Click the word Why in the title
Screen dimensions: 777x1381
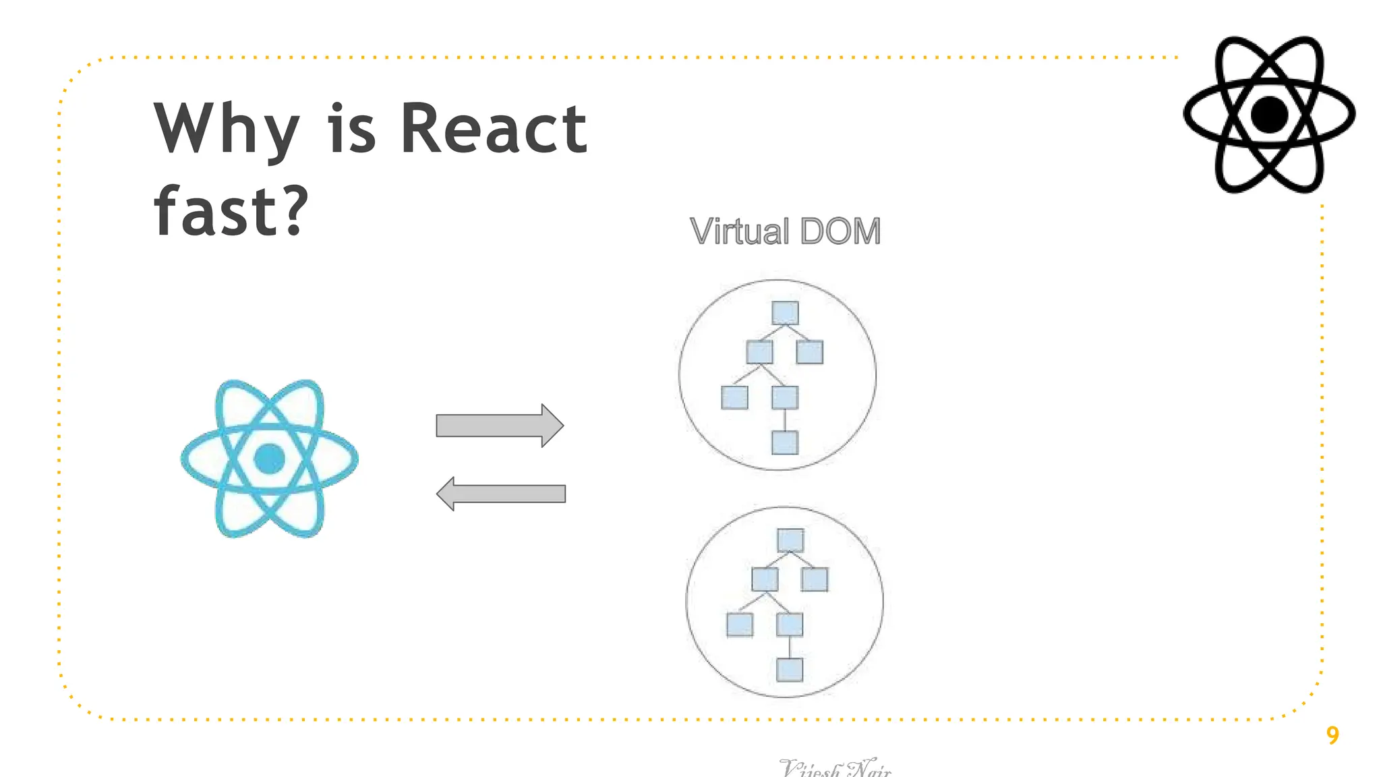tap(226, 129)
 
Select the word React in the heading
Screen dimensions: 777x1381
tap(494, 128)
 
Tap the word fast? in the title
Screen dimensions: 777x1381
tap(231, 211)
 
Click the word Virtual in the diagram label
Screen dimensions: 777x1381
tap(740, 231)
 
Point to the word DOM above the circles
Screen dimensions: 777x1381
tap(841, 231)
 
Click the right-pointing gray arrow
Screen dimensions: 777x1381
tap(500, 426)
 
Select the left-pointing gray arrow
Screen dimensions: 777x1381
tap(501, 494)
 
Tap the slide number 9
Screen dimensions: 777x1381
tap(1332, 735)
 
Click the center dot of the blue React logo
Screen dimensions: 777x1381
tap(269, 459)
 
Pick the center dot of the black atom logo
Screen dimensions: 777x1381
tap(1269, 115)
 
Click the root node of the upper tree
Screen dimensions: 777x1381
tap(785, 313)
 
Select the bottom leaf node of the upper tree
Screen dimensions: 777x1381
tap(785, 442)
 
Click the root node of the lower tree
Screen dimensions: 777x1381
tap(790, 540)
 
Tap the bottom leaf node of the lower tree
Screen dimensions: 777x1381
tap(790, 670)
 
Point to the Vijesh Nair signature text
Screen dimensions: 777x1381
tap(835, 768)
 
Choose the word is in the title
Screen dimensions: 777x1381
tap(351, 128)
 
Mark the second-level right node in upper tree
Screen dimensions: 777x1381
tap(810, 352)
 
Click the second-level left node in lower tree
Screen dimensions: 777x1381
tap(765, 579)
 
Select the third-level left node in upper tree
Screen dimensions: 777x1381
tap(734, 397)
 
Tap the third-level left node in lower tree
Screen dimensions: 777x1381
tap(740, 625)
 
